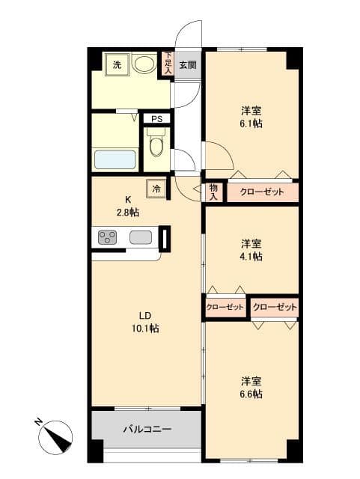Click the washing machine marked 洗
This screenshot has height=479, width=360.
(118, 65)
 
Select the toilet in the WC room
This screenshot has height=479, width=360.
(156, 142)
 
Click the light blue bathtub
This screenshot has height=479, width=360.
(115, 159)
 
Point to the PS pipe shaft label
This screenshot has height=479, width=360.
(157, 119)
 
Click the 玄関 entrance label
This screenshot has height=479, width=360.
(188, 65)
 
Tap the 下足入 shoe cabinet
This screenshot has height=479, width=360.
(168, 63)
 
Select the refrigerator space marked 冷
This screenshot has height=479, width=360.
(156, 189)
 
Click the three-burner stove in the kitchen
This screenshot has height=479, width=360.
(107, 237)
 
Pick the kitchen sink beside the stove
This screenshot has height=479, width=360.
(141, 237)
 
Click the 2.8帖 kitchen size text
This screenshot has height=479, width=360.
(128, 212)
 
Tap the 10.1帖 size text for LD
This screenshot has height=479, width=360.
(145, 329)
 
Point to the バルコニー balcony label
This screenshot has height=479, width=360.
(147, 429)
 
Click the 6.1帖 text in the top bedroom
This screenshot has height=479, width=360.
(251, 123)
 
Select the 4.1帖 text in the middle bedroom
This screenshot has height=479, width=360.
(251, 256)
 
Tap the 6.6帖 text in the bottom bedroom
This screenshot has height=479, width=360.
(251, 394)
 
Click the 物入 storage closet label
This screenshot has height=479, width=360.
(213, 192)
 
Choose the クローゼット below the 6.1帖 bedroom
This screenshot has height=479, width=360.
(262, 192)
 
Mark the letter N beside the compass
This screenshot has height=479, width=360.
(38, 422)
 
